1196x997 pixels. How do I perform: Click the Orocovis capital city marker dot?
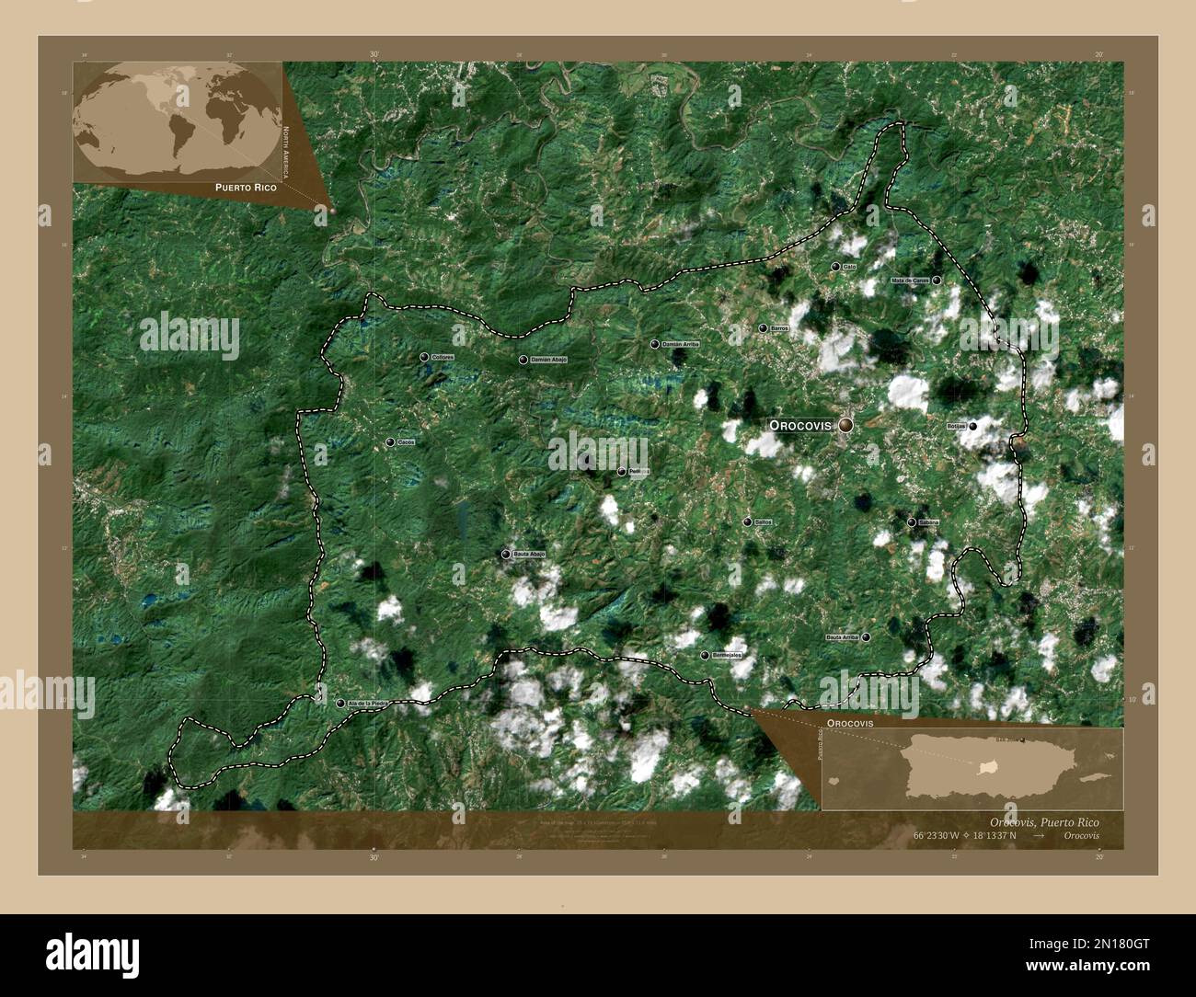845,425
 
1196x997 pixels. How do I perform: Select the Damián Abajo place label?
549,360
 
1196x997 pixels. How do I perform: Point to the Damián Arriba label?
681,344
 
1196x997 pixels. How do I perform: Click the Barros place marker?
763,328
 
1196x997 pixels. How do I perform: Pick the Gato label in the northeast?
849,267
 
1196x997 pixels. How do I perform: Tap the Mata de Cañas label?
909,281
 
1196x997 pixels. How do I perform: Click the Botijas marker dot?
972,426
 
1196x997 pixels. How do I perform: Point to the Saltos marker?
747,522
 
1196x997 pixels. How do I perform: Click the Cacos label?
406,442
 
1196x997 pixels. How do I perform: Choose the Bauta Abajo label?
530,555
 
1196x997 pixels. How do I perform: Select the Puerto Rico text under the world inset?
246,187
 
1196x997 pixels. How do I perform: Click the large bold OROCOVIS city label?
799,426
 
